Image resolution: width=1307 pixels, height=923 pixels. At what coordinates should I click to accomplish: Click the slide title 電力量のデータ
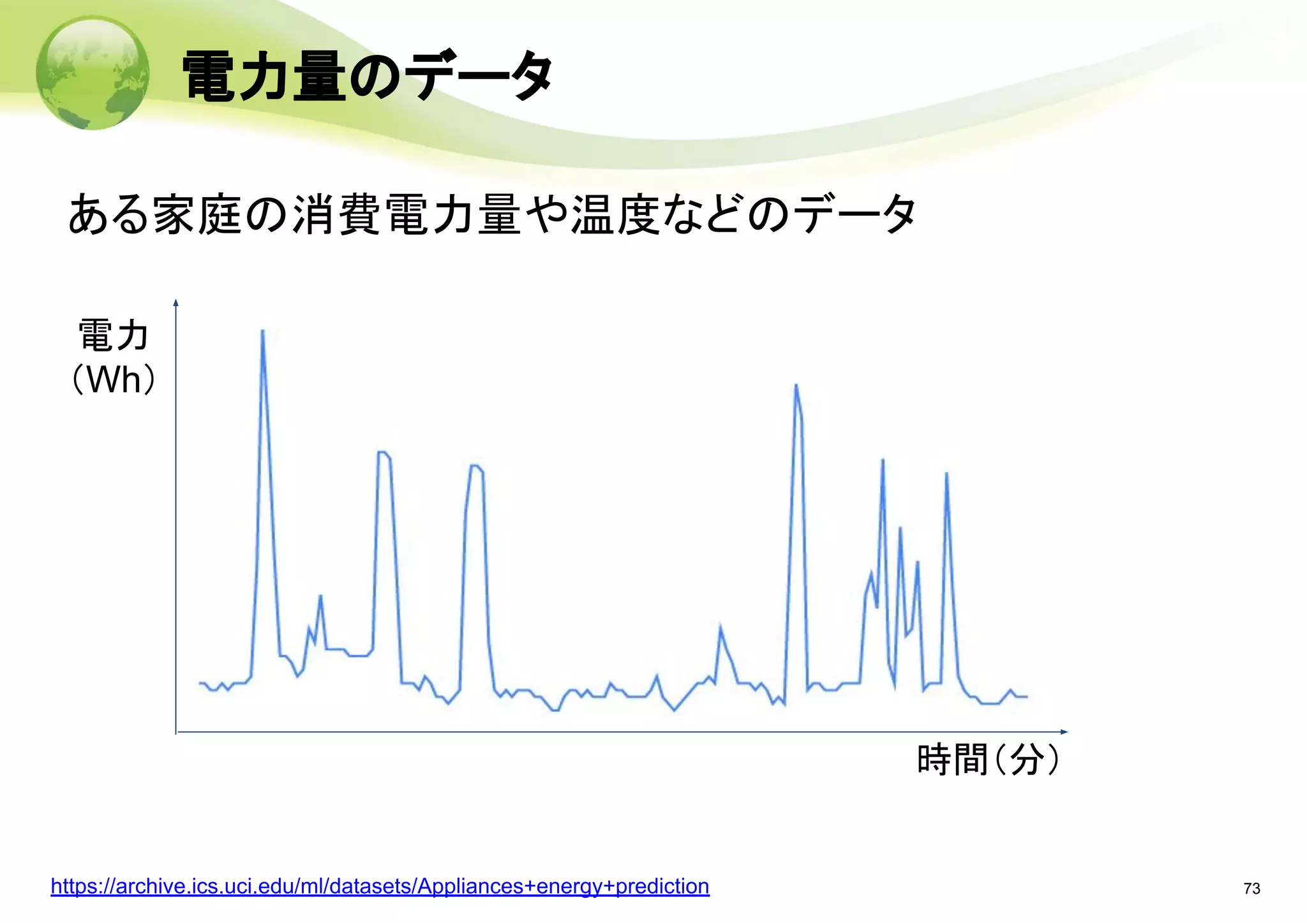tap(367, 77)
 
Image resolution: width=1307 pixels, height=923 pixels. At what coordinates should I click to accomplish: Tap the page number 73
tap(1251, 889)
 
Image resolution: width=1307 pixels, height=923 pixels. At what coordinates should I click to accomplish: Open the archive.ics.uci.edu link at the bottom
tap(380, 886)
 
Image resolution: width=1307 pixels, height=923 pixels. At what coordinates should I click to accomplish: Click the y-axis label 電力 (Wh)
tap(114, 357)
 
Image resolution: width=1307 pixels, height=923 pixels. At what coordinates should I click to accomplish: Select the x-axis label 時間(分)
tap(988, 760)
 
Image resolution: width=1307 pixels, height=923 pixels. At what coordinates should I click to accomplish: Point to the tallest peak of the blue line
tap(263, 331)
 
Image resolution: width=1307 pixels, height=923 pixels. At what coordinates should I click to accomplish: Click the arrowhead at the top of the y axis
tap(176, 302)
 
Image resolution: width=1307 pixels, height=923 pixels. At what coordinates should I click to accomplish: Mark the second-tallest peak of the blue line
tap(796, 385)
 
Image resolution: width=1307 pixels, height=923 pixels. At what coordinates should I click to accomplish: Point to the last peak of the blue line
tap(946, 473)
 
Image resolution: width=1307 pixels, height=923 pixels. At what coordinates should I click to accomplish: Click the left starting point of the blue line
tap(200, 683)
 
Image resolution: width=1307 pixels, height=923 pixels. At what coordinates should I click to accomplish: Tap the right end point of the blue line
tap(1027, 697)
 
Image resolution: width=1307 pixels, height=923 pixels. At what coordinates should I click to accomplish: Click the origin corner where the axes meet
tap(176, 732)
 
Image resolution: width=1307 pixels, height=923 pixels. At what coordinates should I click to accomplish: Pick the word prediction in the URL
tap(662, 886)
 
